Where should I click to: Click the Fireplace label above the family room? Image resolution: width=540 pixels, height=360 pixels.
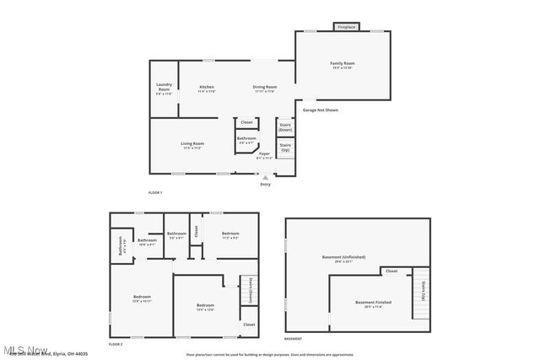tap(346, 27)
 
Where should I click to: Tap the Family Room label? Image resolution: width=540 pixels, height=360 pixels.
tap(342, 64)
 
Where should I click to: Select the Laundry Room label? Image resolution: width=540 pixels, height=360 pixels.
tap(164, 87)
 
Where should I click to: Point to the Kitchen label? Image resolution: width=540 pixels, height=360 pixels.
tap(207, 87)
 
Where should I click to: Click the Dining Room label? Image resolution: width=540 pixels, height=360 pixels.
tap(265, 87)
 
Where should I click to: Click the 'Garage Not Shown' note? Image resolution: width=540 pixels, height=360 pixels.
tap(321, 110)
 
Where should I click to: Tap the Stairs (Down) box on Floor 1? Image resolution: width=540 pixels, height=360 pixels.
tap(285, 126)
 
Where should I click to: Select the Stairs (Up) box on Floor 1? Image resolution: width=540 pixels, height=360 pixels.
tap(285, 148)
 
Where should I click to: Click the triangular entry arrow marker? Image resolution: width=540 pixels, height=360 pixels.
tap(265, 177)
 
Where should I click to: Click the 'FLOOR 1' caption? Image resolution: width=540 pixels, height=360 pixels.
tap(154, 193)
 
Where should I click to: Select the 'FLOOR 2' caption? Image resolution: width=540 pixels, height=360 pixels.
tap(116, 344)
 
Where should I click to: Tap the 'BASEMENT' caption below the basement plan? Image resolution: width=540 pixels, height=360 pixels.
tap(293, 338)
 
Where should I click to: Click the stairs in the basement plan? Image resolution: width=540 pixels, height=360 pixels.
tap(420, 295)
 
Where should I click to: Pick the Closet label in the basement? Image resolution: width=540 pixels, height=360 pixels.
tap(391, 271)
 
